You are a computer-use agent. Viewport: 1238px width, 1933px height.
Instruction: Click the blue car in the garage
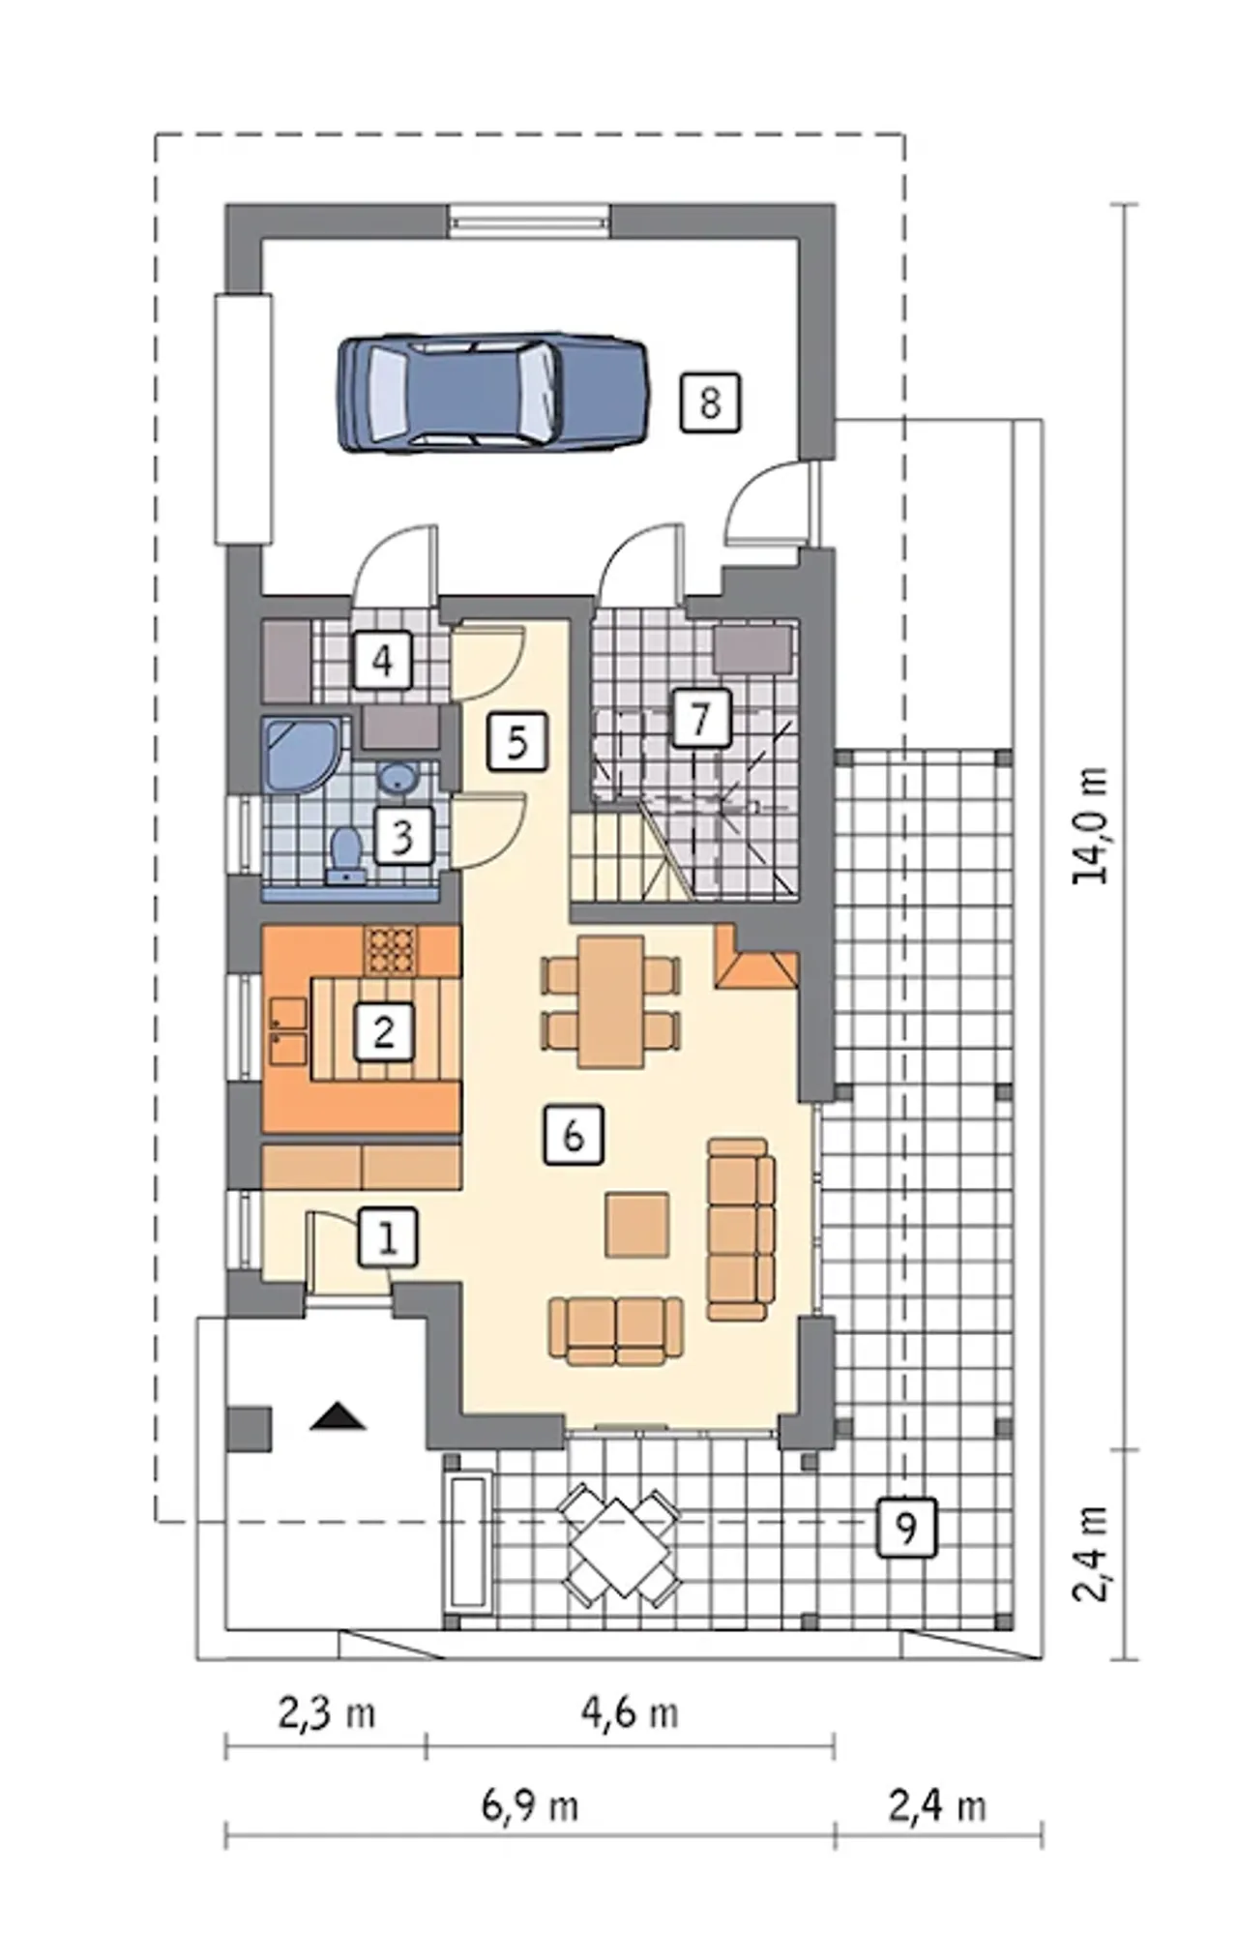point(493,393)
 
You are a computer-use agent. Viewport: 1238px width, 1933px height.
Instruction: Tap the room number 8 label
point(710,401)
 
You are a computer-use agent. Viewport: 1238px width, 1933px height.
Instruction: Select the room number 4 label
point(383,662)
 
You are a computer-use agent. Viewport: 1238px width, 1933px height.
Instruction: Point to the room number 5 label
point(517,743)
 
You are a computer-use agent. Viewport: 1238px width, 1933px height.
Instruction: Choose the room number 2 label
point(384,1032)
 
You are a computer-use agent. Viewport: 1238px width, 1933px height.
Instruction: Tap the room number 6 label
point(574,1134)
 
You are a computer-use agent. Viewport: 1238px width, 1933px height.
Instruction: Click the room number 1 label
point(388,1237)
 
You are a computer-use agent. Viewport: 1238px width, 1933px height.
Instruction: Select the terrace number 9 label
point(906,1528)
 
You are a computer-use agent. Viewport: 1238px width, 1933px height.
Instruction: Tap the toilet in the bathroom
point(344,855)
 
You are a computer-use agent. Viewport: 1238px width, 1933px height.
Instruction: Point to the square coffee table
point(637,1224)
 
